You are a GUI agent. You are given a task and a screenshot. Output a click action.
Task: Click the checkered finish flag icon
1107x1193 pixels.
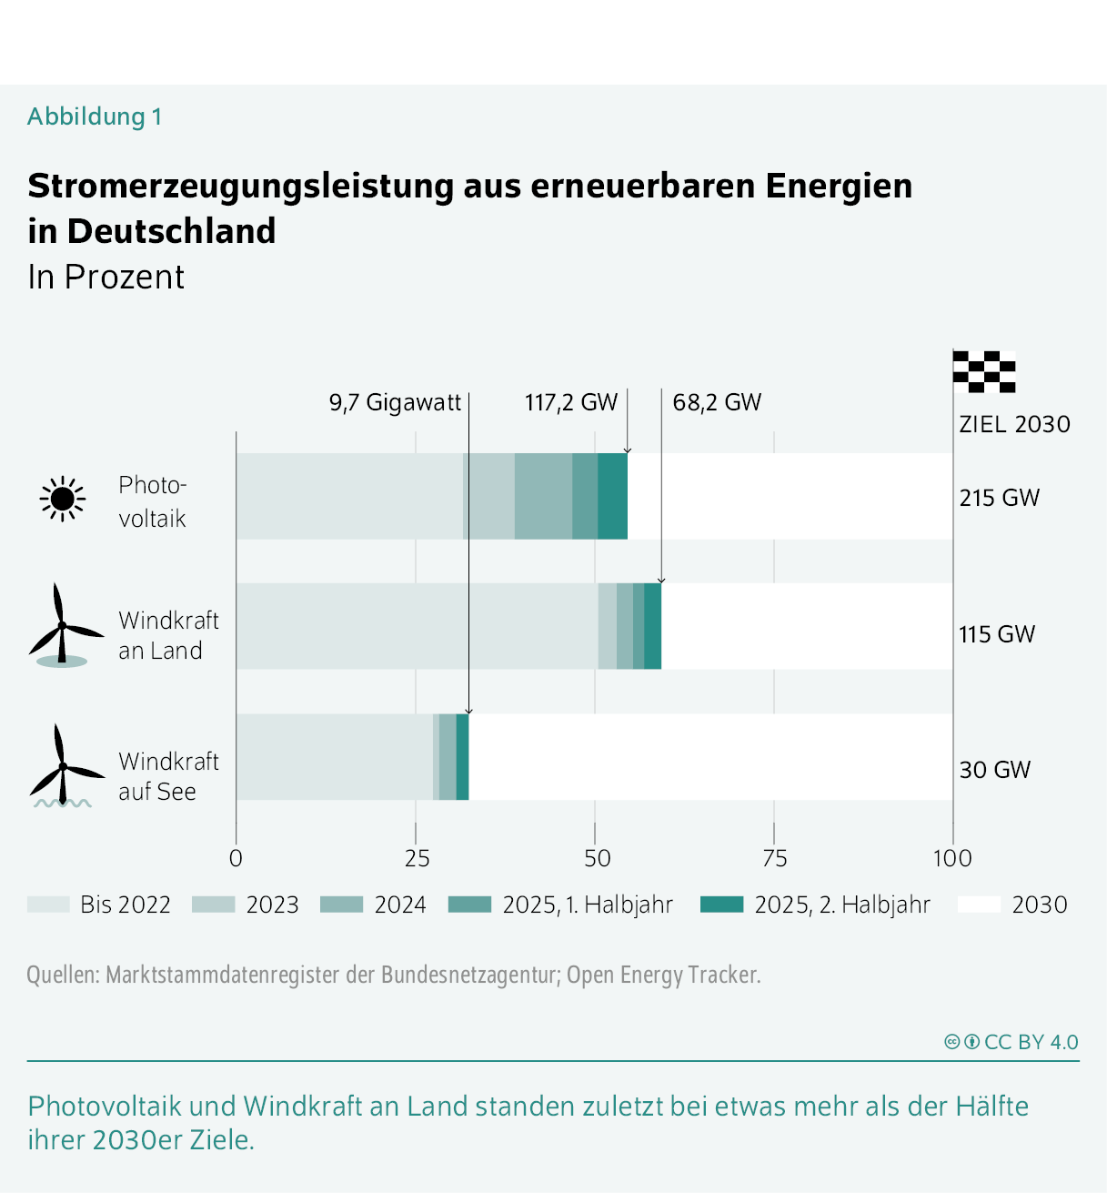tap(984, 371)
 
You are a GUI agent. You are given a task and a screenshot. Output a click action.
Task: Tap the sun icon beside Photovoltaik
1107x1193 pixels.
tap(62, 499)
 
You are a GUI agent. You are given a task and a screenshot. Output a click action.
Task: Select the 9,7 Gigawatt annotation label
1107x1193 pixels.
tap(395, 402)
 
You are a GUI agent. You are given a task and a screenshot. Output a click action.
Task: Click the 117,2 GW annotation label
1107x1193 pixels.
tap(570, 402)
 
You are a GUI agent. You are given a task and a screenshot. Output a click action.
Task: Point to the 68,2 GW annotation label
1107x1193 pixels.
tap(717, 402)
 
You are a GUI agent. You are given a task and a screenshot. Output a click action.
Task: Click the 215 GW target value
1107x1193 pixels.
tap(999, 498)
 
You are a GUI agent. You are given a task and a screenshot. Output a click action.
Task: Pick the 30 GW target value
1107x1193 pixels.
tap(994, 770)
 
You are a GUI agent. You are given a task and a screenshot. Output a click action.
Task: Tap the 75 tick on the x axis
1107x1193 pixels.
tap(774, 858)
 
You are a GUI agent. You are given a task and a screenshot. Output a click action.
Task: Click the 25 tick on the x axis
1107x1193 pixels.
tap(417, 858)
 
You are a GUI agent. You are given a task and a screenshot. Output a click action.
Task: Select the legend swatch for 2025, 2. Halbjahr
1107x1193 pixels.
tap(721, 905)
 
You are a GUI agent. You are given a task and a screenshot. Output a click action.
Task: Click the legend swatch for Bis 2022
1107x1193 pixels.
tap(48, 905)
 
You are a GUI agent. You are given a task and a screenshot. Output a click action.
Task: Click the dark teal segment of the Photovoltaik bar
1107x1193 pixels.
tap(612, 496)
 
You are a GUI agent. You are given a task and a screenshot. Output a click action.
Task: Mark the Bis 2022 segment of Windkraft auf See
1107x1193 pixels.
tap(334, 757)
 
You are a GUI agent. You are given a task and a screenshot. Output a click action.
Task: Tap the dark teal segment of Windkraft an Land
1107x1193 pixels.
tap(652, 626)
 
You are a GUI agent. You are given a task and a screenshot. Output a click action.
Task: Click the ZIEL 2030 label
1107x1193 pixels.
tap(1014, 424)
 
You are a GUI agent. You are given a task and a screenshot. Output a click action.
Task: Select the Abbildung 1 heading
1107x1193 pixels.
tap(95, 116)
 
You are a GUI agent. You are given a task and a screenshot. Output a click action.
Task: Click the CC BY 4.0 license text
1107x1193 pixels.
tap(1031, 1042)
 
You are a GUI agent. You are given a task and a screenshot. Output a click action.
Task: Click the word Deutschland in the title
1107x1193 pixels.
tap(171, 231)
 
